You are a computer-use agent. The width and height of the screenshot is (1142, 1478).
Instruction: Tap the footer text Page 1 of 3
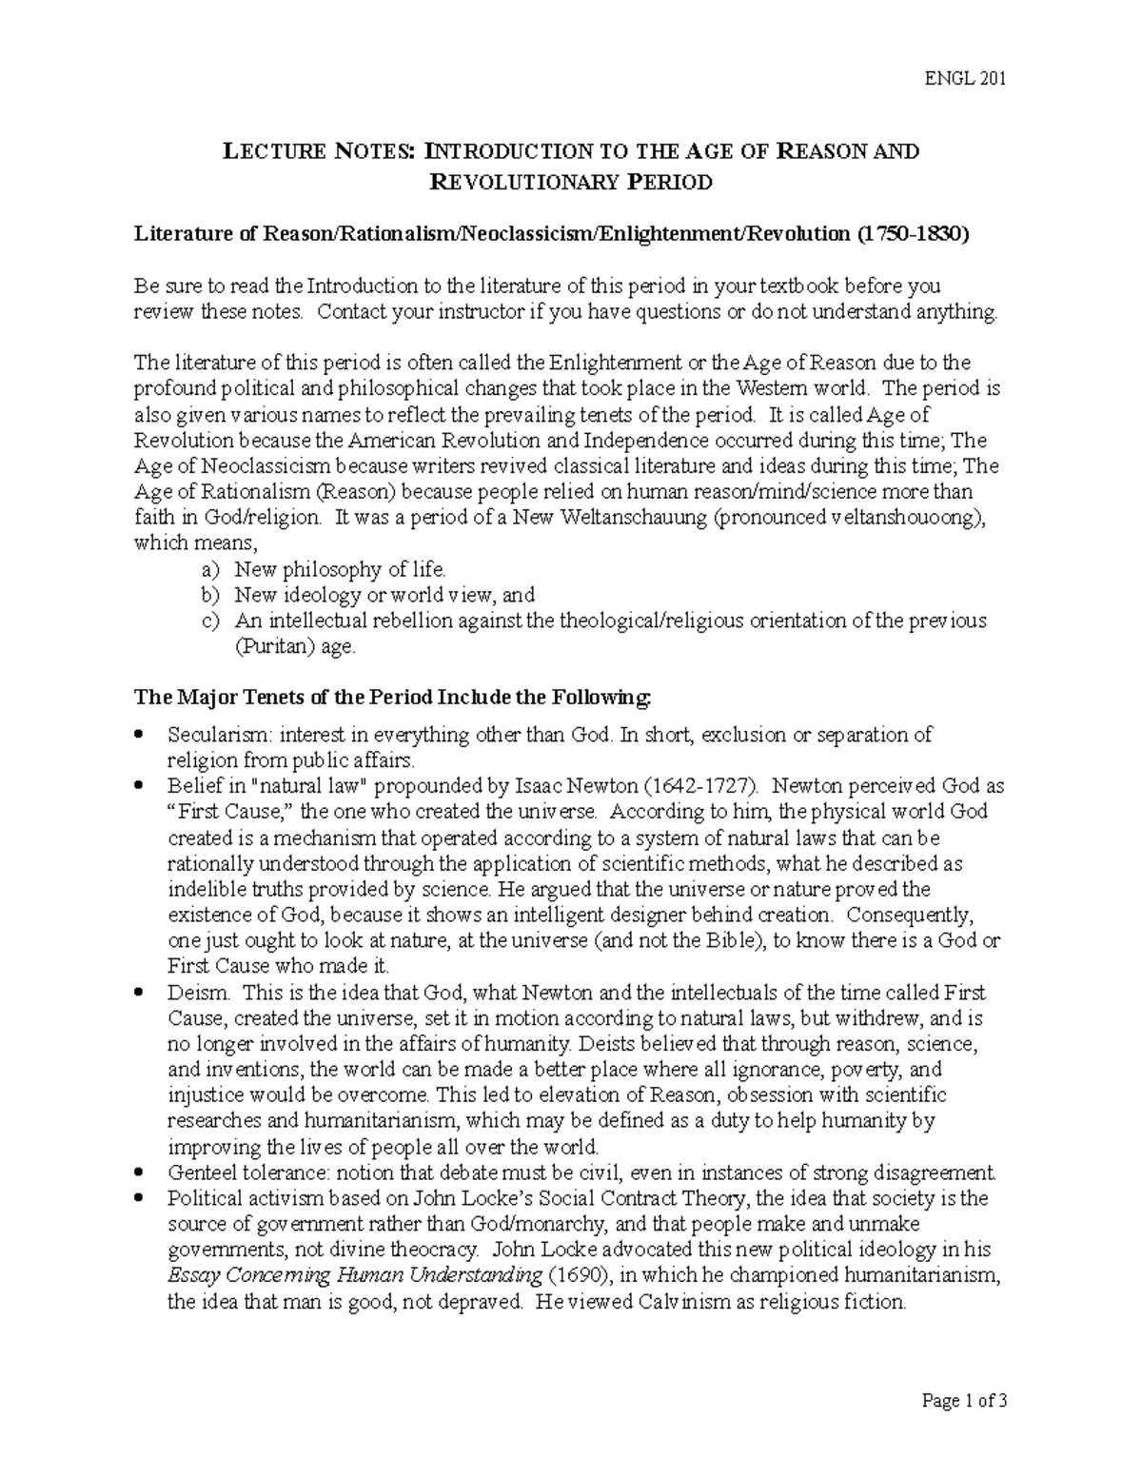[964, 1401]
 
